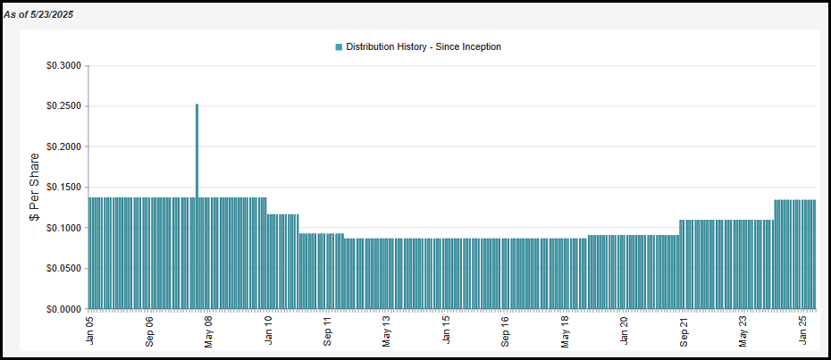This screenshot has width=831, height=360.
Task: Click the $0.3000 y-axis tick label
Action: [x=63, y=66]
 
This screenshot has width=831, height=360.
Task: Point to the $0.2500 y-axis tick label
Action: [x=63, y=106]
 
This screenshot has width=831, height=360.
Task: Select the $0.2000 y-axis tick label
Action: [x=63, y=147]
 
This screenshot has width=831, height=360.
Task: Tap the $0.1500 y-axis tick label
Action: [x=63, y=188]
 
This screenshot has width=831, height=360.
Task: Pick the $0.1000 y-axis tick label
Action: [x=63, y=228]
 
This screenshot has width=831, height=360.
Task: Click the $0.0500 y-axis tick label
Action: [x=63, y=268]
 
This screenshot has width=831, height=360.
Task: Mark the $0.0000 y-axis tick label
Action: [x=63, y=309]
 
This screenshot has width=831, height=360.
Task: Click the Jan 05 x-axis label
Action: [x=90, y=331]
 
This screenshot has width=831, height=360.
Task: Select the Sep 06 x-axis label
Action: [x=149, y=331]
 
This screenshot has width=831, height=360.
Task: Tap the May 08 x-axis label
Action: [x=208, y=331]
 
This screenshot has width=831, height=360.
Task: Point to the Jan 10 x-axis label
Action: [x=268, y=331]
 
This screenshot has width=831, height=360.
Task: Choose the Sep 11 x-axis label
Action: [x=327, y=331]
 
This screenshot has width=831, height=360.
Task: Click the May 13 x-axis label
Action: [x=387, y=331]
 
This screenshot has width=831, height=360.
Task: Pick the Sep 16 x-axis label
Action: [x=506, y=331]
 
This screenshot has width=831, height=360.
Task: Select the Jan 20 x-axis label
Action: [x=625, y=331]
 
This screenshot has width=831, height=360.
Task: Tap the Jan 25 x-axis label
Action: [x=802, y=331]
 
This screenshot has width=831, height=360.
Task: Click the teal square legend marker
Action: [x=339, y=46]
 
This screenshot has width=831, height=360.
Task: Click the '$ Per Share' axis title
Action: [x=35, y=188]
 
